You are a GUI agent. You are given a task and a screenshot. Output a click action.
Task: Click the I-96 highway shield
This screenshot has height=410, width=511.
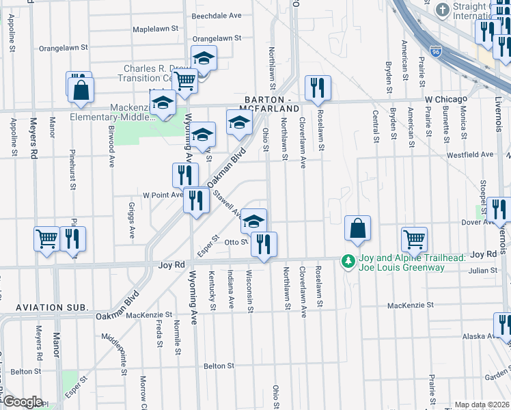[x=436, y=51]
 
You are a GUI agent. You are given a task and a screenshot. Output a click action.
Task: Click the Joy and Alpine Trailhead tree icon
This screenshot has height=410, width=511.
[x=348, y=261]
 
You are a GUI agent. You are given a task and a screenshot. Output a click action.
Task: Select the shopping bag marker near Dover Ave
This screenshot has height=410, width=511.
[x=358, y=229]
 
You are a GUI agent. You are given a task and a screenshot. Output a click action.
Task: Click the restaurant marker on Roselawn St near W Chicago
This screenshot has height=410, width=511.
[x=318, y=87]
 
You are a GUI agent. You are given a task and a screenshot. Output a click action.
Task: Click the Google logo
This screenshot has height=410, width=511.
[x=22, y=402]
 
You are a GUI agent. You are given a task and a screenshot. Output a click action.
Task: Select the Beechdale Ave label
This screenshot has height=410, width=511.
[x=217, y=15]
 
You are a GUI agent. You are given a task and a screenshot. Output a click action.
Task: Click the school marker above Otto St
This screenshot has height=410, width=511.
[x=254, y=221]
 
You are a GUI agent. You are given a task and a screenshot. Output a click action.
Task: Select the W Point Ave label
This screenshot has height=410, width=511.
[x=163, y=195]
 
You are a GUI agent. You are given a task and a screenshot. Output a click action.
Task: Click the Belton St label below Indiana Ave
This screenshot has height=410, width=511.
[x=220, y=366]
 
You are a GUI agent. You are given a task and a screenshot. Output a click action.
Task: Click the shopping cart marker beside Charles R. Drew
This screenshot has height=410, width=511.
[x=185, y=81]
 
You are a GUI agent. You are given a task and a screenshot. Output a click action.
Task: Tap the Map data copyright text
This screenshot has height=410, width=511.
[x=482, y=405]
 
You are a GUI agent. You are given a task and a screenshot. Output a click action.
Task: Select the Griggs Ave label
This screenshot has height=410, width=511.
[x=133, y=220]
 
